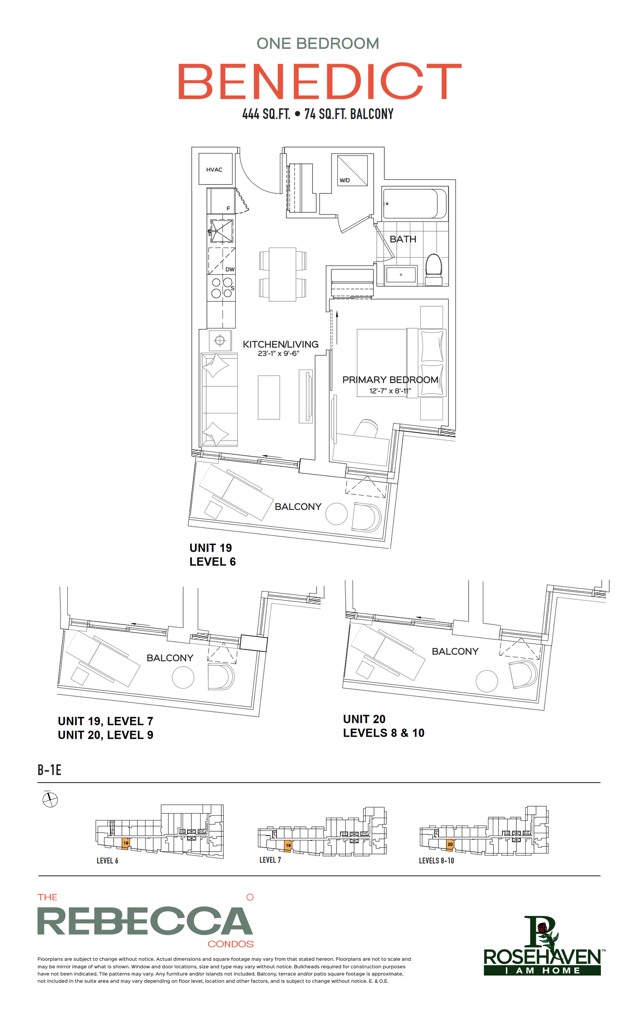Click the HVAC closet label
[214, 169]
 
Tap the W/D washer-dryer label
[344, 181]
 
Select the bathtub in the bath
[415, 204]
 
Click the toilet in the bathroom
[433, 269]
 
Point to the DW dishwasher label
[230, 269]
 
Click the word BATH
[403, 239]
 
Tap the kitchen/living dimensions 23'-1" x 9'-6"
[278, 353]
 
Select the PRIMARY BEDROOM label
[390, 380]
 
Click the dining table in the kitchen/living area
[282, 274]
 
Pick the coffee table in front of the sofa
[268, 397]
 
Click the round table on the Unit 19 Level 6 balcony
[336, 513]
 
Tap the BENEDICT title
[319, 81]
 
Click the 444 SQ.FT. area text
[266, 114]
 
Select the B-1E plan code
[49, 770]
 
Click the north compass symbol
[50, 800]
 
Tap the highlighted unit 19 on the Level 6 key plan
[125, 843]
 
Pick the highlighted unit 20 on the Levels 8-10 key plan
[450, 844]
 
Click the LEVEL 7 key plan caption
[270, 860]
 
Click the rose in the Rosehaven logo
[542, 926]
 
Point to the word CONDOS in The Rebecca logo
[230, 944]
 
